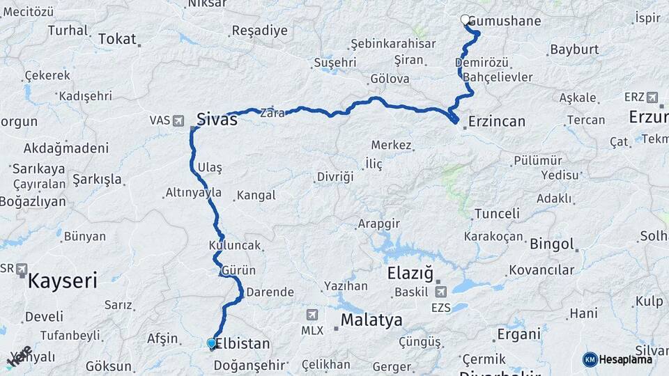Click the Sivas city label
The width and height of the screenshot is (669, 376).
pyautogui.click(x=217, y=119)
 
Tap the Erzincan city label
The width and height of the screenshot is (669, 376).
pyautogui.click(x=497, y=121)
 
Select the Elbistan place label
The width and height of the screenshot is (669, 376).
pyautogui.click(x=242, y=343)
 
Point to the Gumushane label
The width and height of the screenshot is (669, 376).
pyautogui.click(x=505, y=21)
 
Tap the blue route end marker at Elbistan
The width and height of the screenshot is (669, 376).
pyautogui.click(x=212, y=343)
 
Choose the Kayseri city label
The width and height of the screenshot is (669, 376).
pyautogui.click(x=62, y=281)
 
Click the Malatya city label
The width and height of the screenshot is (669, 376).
pyautogui.click(x=371, y=320)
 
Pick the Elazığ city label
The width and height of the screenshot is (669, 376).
pyautogui.click(x=410, y=273)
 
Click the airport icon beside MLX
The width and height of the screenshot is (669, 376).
pyautogui.click(x=311, y=315)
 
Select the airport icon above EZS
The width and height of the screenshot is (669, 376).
pyautogui.click(x=440, y=292)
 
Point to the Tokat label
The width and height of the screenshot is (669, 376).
pyautogui.click(x=117, y=39)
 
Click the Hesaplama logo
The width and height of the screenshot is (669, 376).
pyautogui.click(x=618, y=359)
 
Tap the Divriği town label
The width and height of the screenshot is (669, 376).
pyautogui.click(x=335, y=177)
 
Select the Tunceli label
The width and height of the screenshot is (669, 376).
pyautogui.click(x=497, y=214)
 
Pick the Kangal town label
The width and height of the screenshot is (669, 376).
pyautogui.click(x=256, y=196)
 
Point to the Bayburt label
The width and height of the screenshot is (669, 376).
pyautogui.click(x=574, y=50)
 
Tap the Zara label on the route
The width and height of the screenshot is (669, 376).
pyautogui.click(x=272, y=113)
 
